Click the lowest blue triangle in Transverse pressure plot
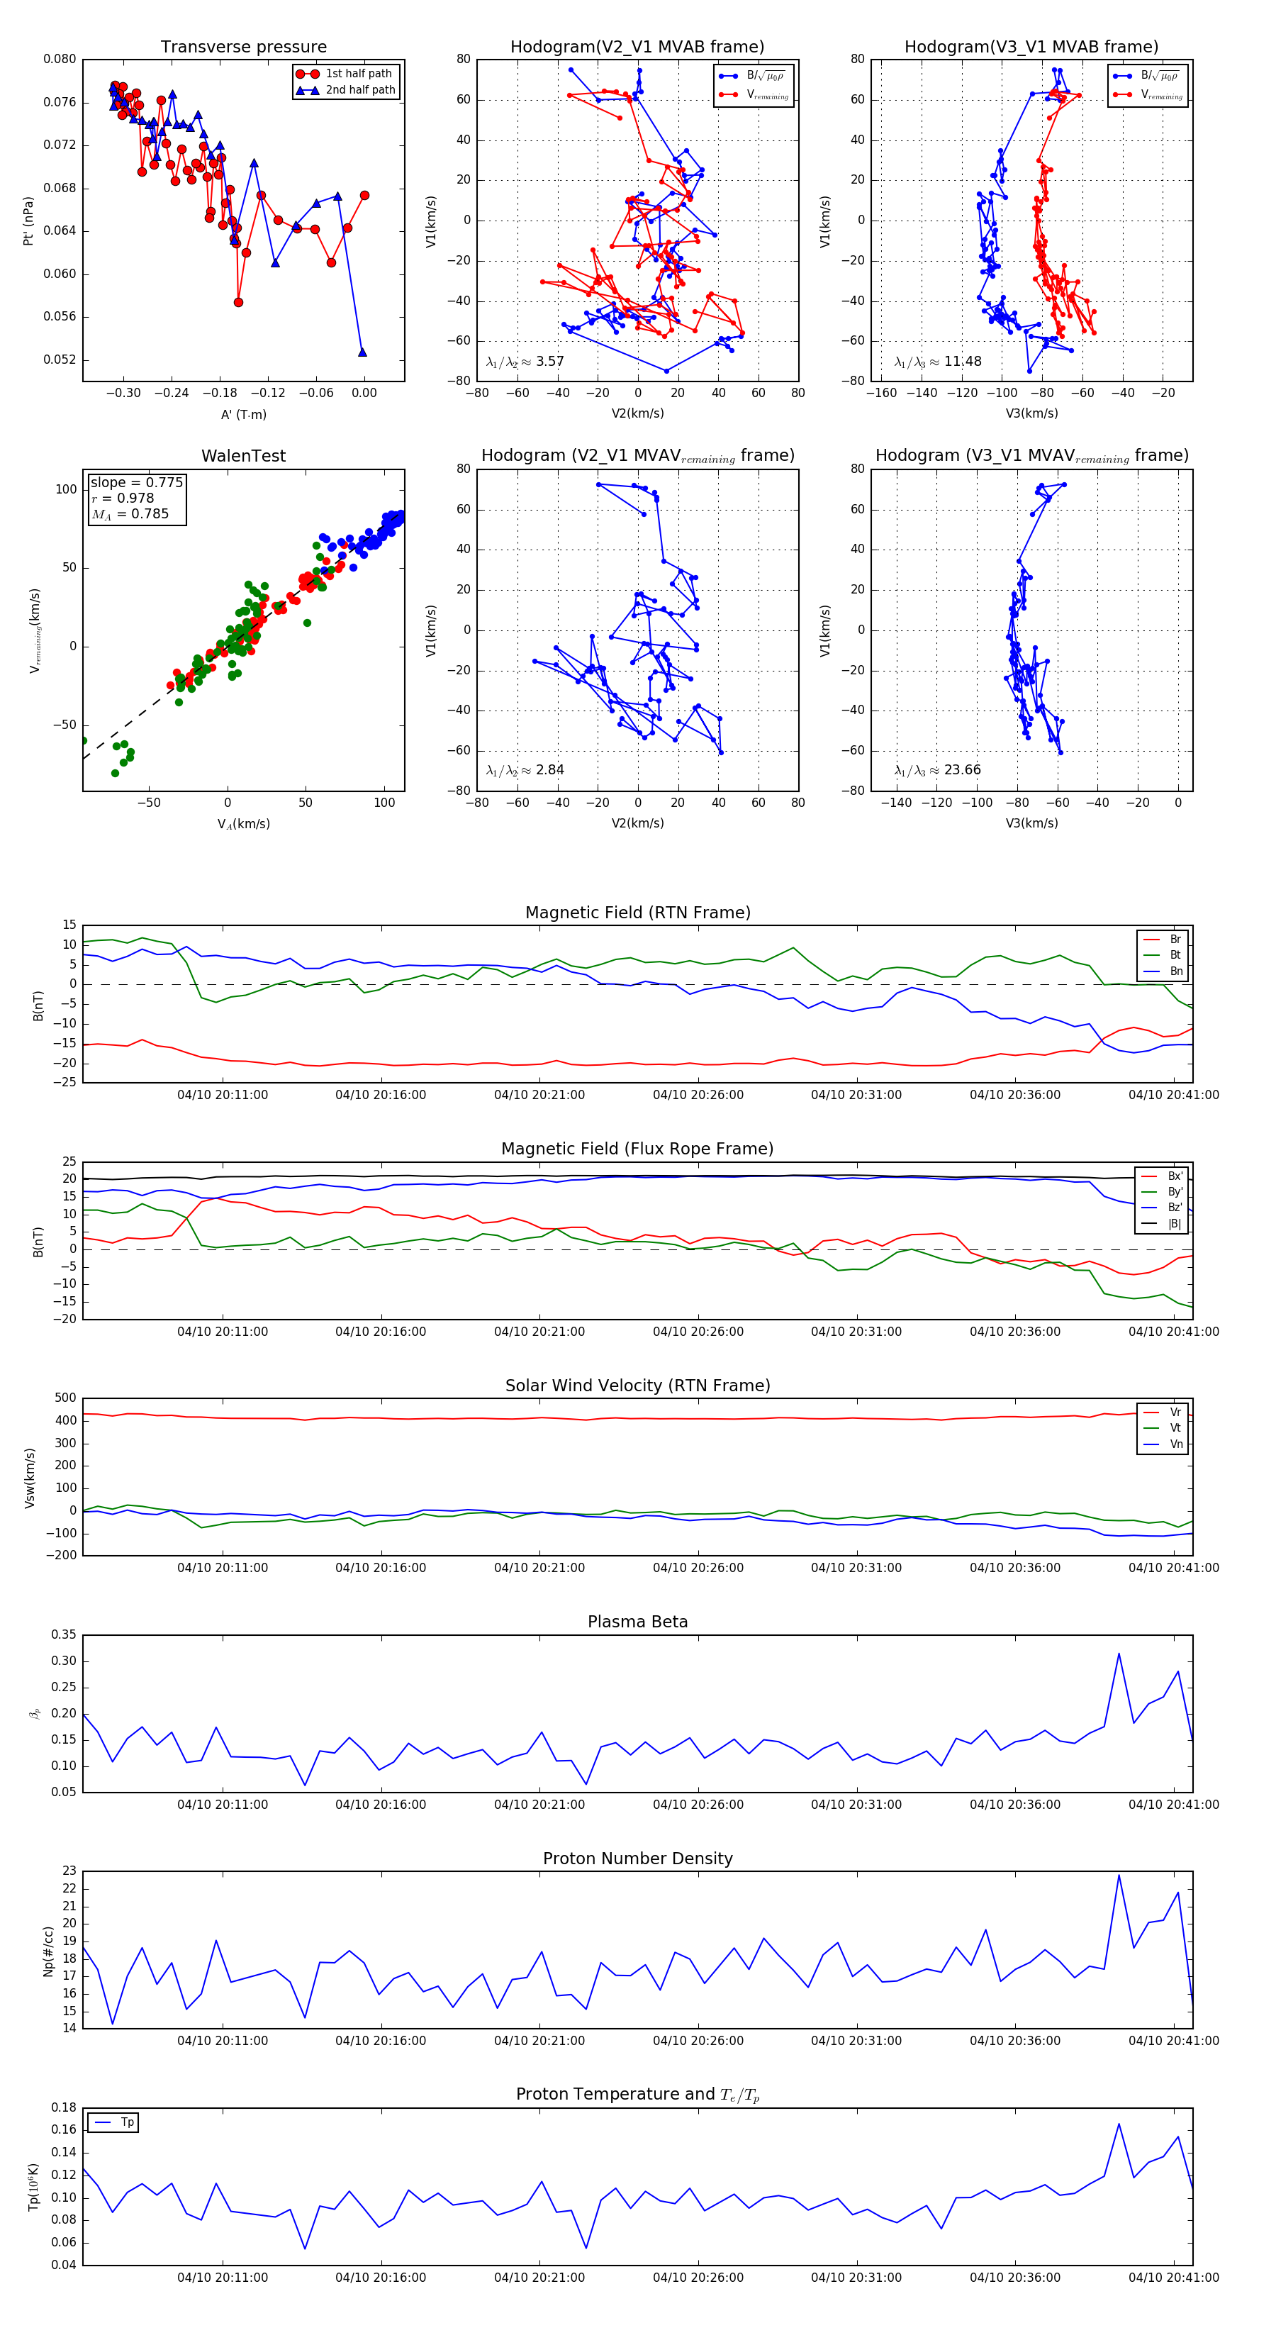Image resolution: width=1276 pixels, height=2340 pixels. pos(362,352)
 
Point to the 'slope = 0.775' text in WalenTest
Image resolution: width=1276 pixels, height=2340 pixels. pos(136,482)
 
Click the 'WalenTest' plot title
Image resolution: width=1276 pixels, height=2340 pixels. pos(243,456)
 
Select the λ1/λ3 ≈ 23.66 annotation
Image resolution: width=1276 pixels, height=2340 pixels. pos(937,770)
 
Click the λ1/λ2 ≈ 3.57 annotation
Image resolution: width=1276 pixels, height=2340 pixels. pos(525,362)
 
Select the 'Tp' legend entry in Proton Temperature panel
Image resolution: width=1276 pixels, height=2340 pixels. pos(126,2123)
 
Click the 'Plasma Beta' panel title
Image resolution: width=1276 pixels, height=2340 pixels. pos(637,1622)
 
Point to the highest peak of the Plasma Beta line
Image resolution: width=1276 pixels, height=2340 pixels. pos(1119,1654)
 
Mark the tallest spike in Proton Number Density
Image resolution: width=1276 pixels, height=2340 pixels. pos(1119,1876)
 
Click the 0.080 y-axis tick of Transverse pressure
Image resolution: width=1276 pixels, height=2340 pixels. pos(60,59)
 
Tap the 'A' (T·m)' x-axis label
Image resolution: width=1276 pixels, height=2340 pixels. pos(243,414)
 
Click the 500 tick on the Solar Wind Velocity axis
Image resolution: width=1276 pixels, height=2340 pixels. pos(65,1398)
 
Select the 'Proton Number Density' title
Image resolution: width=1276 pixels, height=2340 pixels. pos(637,1859)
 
